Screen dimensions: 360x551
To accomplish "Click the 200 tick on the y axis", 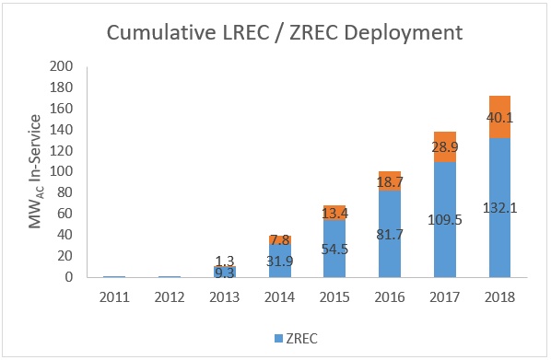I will [x=60, y=67].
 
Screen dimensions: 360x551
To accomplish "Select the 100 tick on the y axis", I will [x=60, y=172].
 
